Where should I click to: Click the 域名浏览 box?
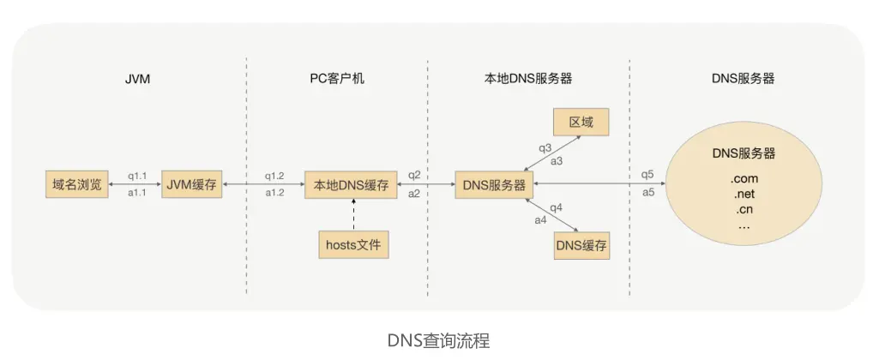tap(77, 183)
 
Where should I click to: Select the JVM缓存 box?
tap(191, 183)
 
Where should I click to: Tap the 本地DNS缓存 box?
tap(352, 183)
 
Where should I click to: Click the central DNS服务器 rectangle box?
tap(494, 183)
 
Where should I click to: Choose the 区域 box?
tap(581, 123)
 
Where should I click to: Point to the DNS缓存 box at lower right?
tap(581, 247)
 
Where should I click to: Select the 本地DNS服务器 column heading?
tap(522, 78)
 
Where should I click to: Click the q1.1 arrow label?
tap(137, 176)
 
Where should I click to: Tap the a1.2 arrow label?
tap(274, 193)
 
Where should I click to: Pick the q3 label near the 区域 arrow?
tap(545, 148)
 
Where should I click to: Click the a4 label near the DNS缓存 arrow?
tap(540, 219)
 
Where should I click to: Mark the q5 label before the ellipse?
tap(647, 176)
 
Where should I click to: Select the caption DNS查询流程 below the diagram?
tap(438, 340)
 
